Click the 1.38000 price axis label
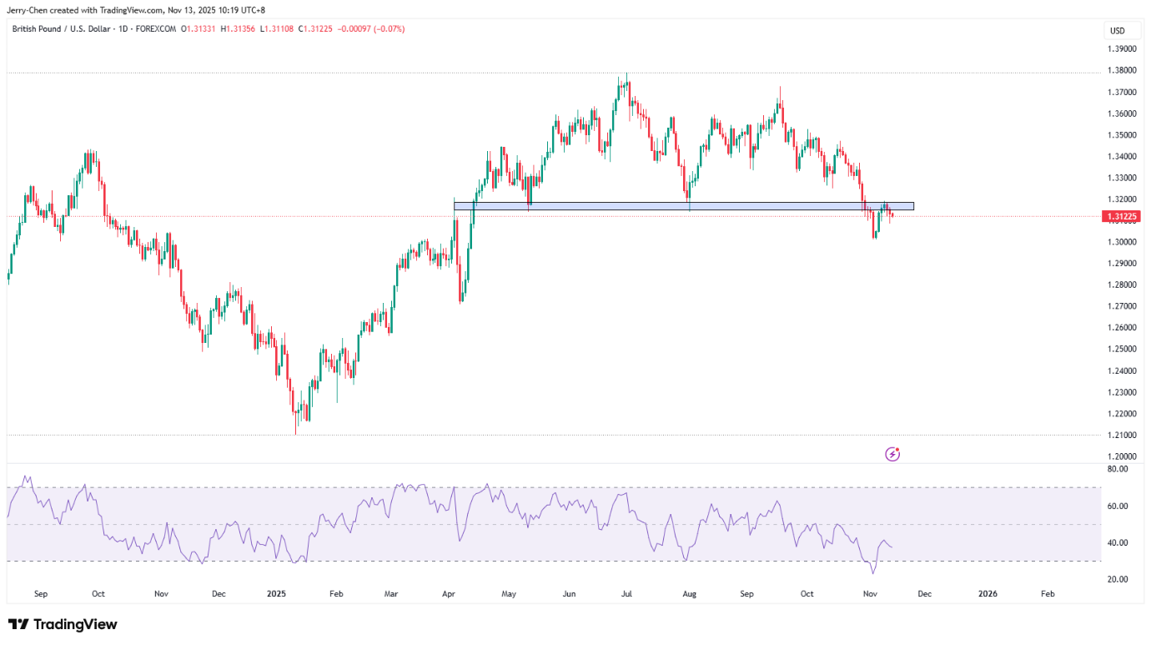click(x=1122, y=71)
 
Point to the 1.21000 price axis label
click(x=1122, y=435)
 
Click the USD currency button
click(x=1117, y=31)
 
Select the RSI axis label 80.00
click(x=1118, y=470)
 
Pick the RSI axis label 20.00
click(x=1118, y=579)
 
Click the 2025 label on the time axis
click(x=276, y=594)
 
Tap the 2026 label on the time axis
click(x=987, y=594)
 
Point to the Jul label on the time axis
click(x=626, y=594)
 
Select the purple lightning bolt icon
click(x=892, y=455)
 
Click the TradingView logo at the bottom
click(x=63, y=624)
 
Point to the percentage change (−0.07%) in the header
click(x=389, y=29)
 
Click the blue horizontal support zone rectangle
click(x=684, y=205)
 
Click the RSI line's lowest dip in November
click(x=873, y=572)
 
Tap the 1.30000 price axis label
click(x=1122, y=242)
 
